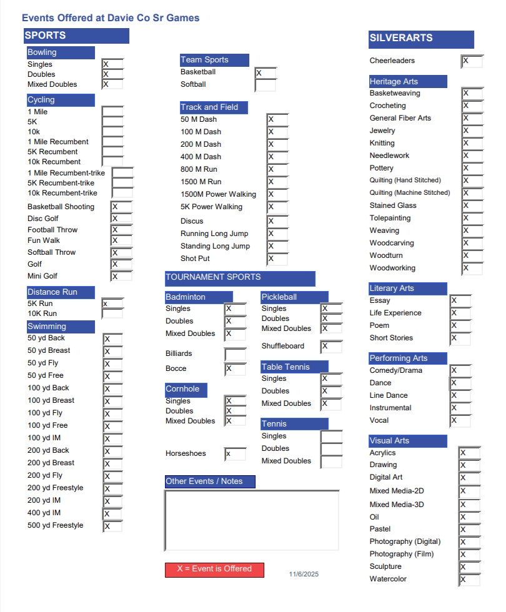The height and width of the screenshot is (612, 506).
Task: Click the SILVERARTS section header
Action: (x=421, y=39)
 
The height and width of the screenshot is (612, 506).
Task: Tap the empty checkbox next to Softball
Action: (x=265, y=85)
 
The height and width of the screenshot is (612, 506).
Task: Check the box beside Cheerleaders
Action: (x=472, y=61)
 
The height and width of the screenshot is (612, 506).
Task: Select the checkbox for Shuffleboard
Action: (x=332, y=347)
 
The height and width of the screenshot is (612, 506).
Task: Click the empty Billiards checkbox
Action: (x=235, y=354)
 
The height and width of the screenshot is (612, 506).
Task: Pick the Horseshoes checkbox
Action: (x=235, y=454)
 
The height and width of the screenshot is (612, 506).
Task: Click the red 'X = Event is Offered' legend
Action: (x=214, y=570)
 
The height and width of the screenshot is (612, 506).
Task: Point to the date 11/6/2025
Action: (x=304, y=575)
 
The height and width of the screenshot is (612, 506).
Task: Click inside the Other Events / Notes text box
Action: (x=251, y=520)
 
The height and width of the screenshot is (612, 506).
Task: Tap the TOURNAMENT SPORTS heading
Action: (x=240, y=278)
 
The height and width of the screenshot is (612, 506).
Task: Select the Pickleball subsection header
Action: (x=294, y=297)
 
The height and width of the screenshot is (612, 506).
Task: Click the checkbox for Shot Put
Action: (x=277, y=259)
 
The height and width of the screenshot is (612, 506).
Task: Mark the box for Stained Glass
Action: (x=472, y=206)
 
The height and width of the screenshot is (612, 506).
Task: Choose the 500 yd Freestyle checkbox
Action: (x=113, y=526)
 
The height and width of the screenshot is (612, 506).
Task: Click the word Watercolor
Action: (x=388, y=579)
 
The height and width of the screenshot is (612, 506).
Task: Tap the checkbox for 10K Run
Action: (x=112, y=313)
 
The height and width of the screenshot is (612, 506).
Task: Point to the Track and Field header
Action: (x=214, y=107)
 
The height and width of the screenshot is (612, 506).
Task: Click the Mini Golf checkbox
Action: (x=121, y=276)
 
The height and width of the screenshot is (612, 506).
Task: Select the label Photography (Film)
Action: (x=401, y=554)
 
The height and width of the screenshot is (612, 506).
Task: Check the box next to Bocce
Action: (x=235, y=369)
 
